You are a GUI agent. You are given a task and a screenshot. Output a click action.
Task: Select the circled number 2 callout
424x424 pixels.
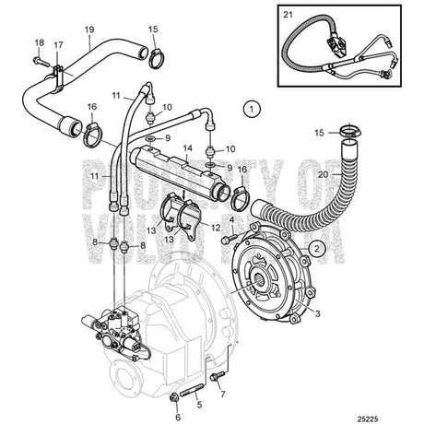point(316,246)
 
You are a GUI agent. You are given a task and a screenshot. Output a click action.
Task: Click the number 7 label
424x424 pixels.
point(221,394)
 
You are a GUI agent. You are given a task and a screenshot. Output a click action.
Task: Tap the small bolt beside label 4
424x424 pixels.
point(224,240)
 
